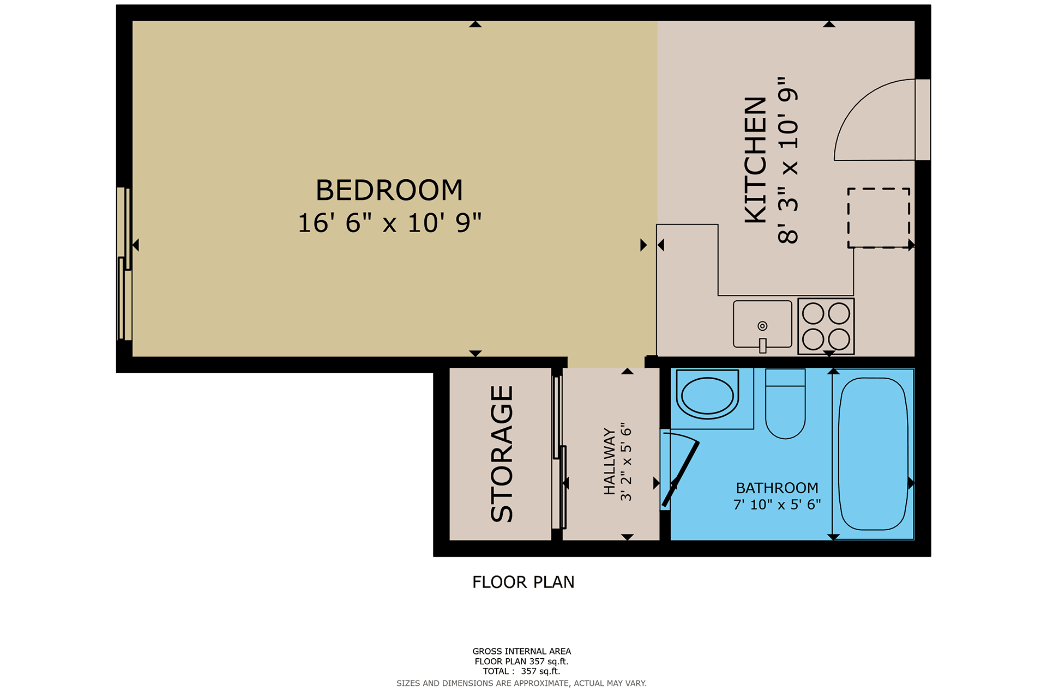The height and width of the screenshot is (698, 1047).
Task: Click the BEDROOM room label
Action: (x=389, y=190)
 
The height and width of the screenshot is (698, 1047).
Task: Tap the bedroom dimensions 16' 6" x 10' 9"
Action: (x=389, y=223)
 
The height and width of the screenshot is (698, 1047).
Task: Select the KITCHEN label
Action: (x=756, y=160)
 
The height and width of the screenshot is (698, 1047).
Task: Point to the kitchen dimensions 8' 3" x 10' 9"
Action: (x=788, y=160)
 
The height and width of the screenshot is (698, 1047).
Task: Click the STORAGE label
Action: (x=502, y=454)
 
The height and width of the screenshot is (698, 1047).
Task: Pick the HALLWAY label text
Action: (x=609, y=461)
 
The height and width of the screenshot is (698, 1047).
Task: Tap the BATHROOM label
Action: (x=777, y=488)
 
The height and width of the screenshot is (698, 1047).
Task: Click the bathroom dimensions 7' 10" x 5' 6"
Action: (x=777, y=505)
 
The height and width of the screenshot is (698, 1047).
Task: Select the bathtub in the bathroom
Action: (x=873, y=454)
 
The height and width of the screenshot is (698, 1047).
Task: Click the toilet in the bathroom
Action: (x=785, y=404)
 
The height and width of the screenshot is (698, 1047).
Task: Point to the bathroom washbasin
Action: (x=707, y=394)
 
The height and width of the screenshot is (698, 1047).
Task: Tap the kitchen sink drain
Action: (x=762, y=326)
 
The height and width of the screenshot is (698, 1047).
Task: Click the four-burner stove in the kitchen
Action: (x=826, y=326)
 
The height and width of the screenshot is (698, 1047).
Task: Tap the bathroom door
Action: (x=681, y=474)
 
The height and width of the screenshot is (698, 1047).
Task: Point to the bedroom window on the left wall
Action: (x=125, y=264)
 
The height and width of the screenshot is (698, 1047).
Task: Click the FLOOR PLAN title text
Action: (x=523, y=582)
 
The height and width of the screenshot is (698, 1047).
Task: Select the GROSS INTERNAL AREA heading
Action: (x=522, y=651)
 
